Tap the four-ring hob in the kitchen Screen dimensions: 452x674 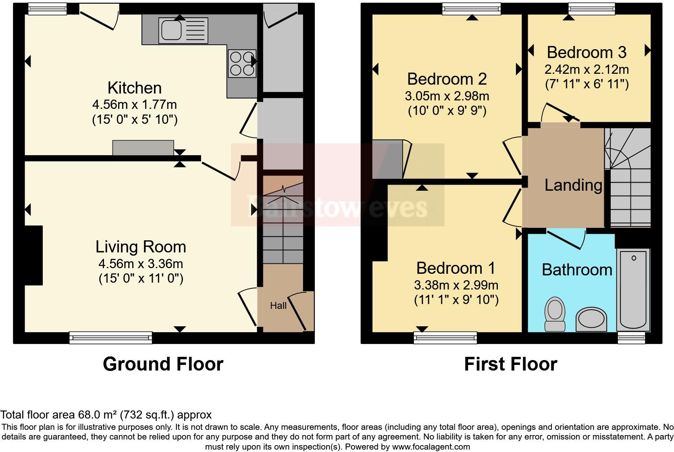(x=242, y=63)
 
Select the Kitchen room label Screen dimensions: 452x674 (x=135, y=88)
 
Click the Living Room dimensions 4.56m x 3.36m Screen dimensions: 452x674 (x=141, y=264)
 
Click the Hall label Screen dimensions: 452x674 (x=278, y=306)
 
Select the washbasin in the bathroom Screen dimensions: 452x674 (x=591, y=319)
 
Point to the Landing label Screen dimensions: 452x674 (x=573, y=185)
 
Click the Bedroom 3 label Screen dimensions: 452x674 (x=587, y=52)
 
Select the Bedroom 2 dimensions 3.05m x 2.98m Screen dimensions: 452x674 (x=447, y=96)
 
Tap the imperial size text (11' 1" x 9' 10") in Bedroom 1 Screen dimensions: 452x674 (x=456, y=300)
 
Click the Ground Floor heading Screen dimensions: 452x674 (x=163, y=364)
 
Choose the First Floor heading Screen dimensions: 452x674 (x=510, y=364)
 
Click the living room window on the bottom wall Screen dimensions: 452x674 (x=110, y=337)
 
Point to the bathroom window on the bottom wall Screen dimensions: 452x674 (x=631, y=337)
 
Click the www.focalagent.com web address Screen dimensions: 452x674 (x=431, y=447)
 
